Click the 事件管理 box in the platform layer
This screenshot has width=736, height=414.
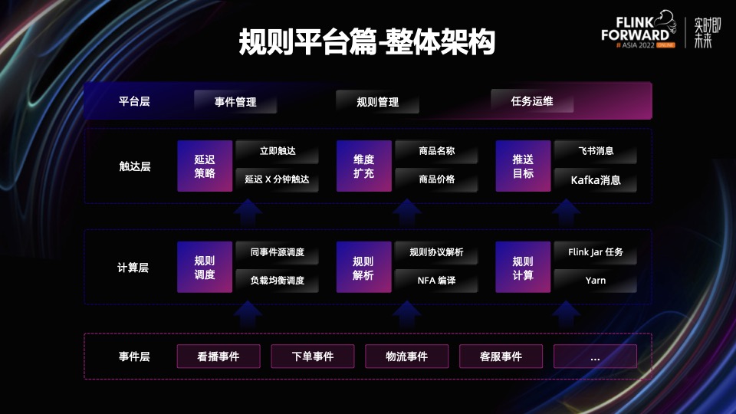click(235, 101)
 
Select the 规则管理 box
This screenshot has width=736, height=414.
click(378, 101)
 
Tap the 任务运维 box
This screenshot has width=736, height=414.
click(532, 101)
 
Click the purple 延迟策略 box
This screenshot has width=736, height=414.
click(205, 166)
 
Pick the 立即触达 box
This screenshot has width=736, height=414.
click(277, 152)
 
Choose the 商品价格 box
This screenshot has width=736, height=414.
click(437, 179)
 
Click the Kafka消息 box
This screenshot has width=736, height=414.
click(596, 181)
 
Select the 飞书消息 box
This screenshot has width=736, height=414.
click(596, 152)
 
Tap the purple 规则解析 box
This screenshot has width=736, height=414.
click(363, 268)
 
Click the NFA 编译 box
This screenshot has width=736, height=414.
click(437, 281)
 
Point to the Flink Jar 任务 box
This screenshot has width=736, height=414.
click(596, 252)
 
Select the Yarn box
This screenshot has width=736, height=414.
click(596, 281)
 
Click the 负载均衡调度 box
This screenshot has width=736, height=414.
click(277, 281)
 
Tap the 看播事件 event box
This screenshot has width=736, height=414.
click(219, 356)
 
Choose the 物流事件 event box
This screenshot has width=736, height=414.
click(406, 356)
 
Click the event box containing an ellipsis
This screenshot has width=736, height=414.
click(595, 356)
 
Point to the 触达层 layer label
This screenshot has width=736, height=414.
click(134, 166)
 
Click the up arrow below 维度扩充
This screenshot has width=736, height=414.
click(406, 211)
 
